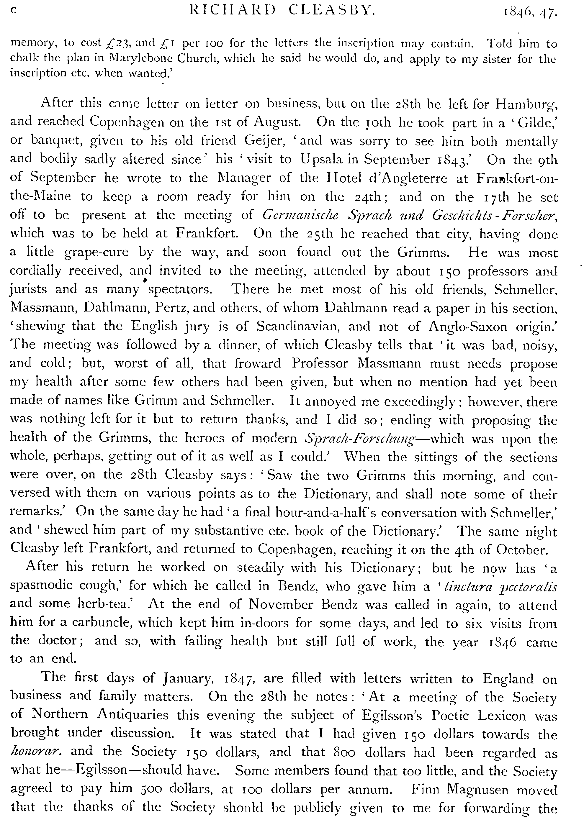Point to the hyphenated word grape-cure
tap(96, 252)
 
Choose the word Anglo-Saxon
tap(467, 327)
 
